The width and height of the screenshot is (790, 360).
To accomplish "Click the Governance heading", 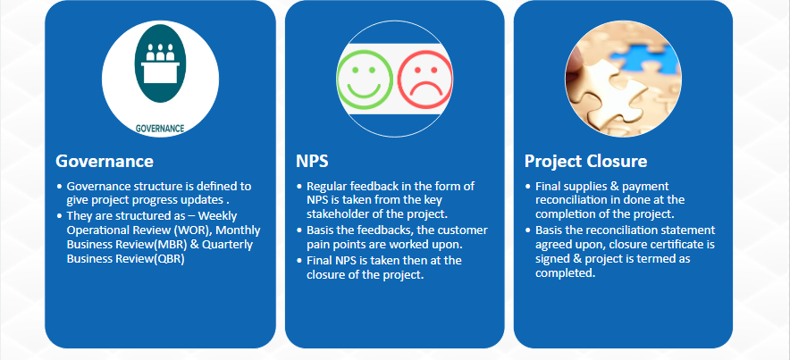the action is pyautogui.click(x=105, y=161).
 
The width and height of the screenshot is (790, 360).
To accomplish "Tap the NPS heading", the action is pyautogui.click(x=312, y=161).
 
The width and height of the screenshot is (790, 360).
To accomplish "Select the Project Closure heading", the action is pyautogui.click(x=585, y=162).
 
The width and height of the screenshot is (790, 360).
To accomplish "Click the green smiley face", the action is pyautogui.click(x=365, y=78).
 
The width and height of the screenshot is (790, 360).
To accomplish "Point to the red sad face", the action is pyautogui.click(x=424, y=80).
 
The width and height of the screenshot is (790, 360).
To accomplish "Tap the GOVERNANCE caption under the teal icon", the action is pyautogui.click(x=160, y=129).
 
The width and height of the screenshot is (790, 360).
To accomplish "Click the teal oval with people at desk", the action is pyautogui.click(x=160, y=63).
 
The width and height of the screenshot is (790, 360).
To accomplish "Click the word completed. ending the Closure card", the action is pyautogui.click(x=566, y=273).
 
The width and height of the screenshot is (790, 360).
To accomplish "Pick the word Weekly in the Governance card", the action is pyautogui.click(x=218, y=216).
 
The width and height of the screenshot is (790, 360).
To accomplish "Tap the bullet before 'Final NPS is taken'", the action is pyautogui.click(x=300, y=261).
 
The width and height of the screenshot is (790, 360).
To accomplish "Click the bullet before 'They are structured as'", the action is pyautogui.click(x=61, y=216).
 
